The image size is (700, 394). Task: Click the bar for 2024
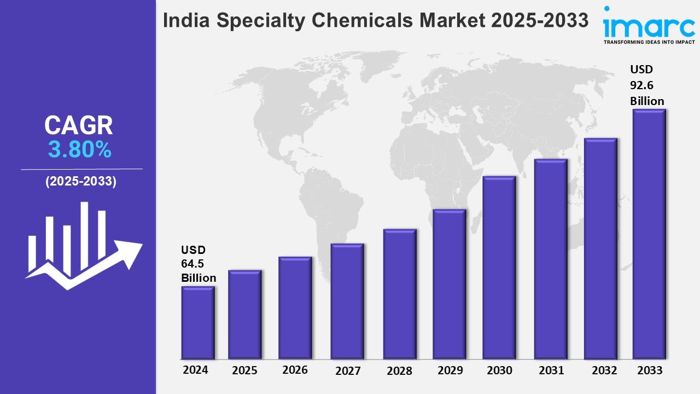[x=198, y=323]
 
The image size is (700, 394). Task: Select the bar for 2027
[x=347, y=301]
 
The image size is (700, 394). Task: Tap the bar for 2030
[x=499, y=268]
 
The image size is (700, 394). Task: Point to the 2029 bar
[x=449, y=285]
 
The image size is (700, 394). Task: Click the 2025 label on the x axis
[x=244, y=370]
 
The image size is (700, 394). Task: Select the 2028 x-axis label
[x=399, y=371]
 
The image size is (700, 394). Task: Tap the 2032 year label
[x=604, y=370]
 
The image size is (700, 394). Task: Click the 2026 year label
[x=295, y=370]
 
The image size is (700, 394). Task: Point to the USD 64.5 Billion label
[x=199, y=264]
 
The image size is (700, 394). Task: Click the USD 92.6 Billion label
[x=647, y=85]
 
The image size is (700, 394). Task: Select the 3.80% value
[x=80, y=150]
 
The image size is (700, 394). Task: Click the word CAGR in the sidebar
[x=79, y=126]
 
